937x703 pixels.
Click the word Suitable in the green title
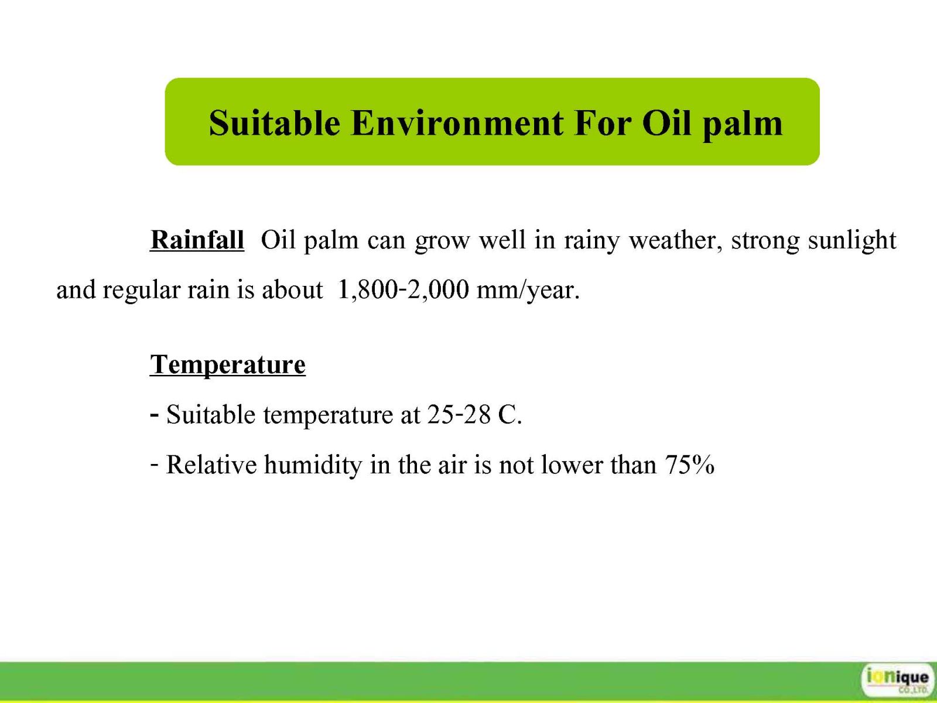275,123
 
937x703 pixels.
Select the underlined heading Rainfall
197,240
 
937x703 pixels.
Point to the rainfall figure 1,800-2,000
403,289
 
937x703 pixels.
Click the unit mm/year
528,291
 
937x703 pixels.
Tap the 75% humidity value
689,464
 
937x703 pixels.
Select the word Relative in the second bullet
211,464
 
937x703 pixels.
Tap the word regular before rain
142,291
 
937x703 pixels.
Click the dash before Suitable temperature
155,414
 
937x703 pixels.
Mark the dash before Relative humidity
155,462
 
